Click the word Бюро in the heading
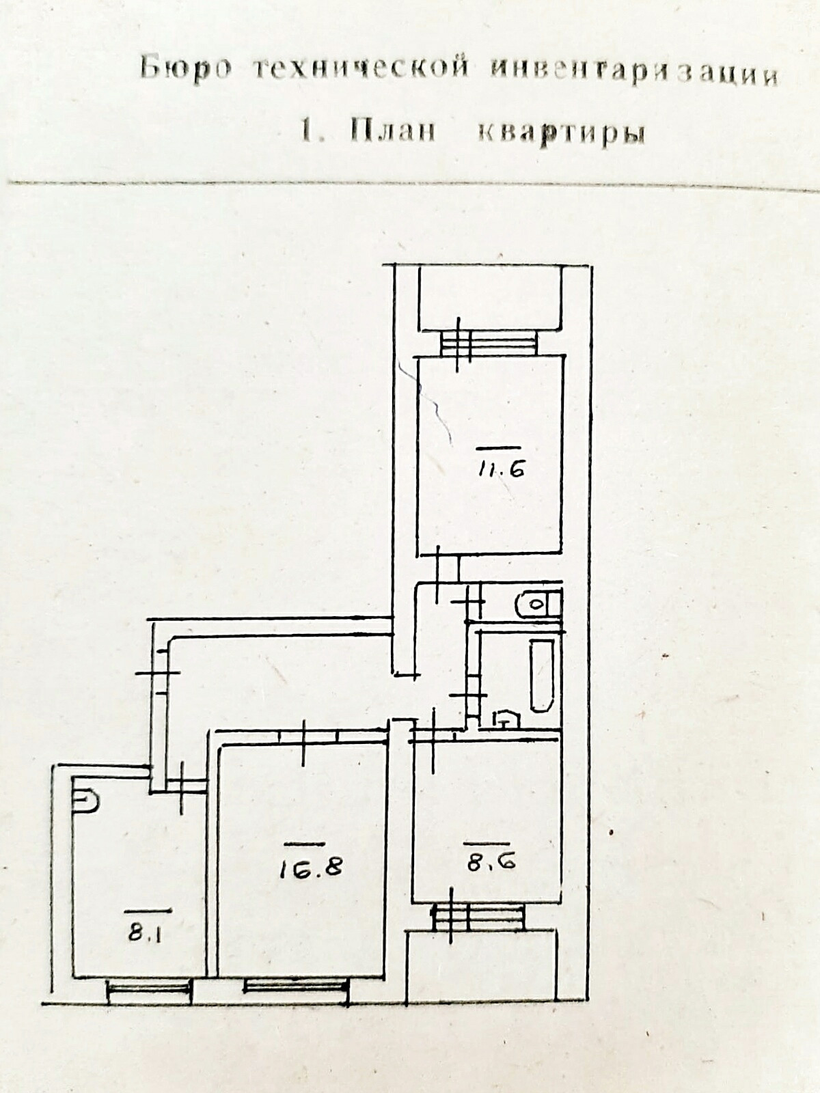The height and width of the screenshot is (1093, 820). pos(186,68)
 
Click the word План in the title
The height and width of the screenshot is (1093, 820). pos(393,130)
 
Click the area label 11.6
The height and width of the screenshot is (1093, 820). pos(501,469)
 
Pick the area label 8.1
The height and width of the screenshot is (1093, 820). pos(143,932)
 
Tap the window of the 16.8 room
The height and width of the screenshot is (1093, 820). pos(297,985)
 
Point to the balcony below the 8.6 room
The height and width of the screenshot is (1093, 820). pos(481,965)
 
